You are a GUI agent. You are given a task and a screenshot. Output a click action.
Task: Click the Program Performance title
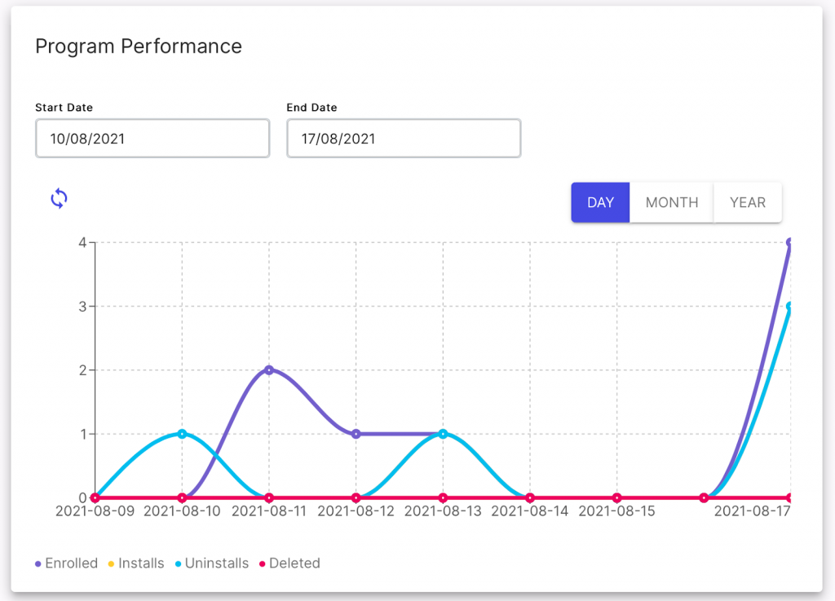138,46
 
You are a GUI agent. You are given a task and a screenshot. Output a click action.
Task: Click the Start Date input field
152,139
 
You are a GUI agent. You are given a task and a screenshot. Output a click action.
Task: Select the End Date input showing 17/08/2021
404,139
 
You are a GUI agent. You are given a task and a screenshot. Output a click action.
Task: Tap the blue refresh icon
59,198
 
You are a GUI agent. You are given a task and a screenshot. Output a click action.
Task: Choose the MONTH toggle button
671,202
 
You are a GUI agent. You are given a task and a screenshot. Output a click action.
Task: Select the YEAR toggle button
747,202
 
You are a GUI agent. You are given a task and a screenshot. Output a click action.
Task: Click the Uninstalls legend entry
211,563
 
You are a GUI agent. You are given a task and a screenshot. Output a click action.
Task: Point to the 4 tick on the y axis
82,242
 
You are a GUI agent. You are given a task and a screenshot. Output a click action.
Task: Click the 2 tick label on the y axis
82,370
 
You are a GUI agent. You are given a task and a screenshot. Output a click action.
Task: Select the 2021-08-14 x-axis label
529,512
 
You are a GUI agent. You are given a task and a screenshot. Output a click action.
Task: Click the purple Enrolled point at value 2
269,370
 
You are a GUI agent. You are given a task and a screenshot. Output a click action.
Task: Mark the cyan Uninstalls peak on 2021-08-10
182,434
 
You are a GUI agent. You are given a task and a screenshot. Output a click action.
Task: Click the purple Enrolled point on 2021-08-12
356,434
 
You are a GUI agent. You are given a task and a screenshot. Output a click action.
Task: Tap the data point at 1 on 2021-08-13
443,434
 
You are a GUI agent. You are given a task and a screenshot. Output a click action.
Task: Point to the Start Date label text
64,108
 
